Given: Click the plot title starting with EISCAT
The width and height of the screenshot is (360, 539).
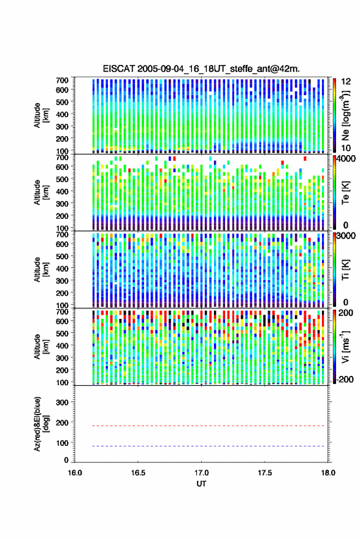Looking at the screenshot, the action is [201, 69].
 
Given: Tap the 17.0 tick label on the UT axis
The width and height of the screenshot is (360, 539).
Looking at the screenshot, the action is [202, 473].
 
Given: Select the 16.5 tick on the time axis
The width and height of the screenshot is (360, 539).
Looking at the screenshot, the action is [138, 473].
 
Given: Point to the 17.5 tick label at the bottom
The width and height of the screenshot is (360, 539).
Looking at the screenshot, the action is [265, 473].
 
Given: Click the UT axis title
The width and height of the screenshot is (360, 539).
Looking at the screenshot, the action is [202, 484].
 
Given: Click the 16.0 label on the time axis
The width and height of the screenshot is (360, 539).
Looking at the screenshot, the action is [75, 473].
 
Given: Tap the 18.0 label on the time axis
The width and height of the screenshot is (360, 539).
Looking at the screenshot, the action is [328, 473].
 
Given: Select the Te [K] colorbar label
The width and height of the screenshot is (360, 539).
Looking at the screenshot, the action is [345, 193].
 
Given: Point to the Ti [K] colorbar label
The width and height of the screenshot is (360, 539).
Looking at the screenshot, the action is [345, 270].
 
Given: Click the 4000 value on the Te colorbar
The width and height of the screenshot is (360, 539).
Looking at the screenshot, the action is [347, 159].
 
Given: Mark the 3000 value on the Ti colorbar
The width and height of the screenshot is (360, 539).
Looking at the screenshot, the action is [347, 236].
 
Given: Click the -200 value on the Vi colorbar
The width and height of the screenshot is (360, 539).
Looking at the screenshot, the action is [345, 379].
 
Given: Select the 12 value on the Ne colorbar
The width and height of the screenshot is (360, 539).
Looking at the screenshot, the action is [346, 82].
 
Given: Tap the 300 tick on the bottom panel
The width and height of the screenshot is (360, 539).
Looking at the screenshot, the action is [62, 402].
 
